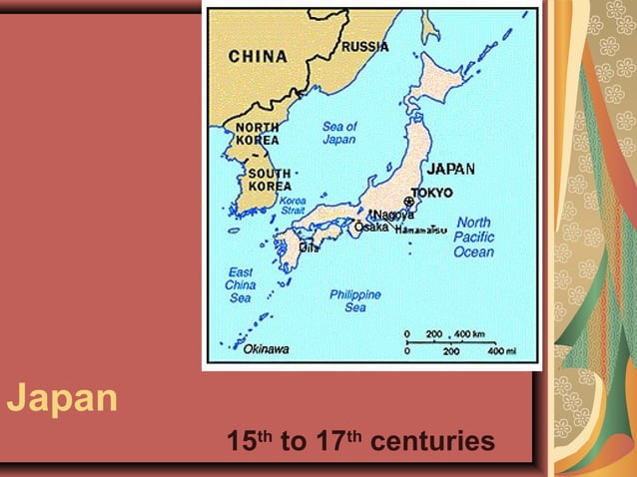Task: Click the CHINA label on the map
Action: coord(258,57)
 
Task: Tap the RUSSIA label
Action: coord(365,47)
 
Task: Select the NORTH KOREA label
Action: coord(257,134)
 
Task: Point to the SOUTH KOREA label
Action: coord(270,180)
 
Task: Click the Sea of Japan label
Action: coord(339,133)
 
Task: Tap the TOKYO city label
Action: coord(431,193)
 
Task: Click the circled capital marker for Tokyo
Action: coord(408,203)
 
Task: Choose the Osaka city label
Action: coord(371,227)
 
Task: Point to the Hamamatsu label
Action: coord(421,230)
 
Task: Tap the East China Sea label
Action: coord(240,284)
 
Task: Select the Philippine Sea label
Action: coord(355,300)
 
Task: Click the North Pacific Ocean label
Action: coord(473,237)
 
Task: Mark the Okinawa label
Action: coord(266,349)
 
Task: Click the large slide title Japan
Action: coord(62,399)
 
